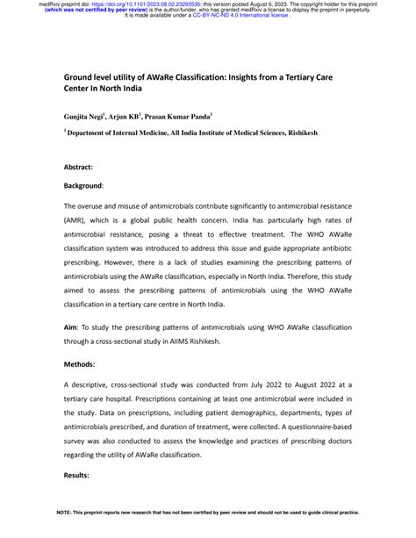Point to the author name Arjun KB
pos(127,115)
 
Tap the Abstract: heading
pos(82,165)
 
